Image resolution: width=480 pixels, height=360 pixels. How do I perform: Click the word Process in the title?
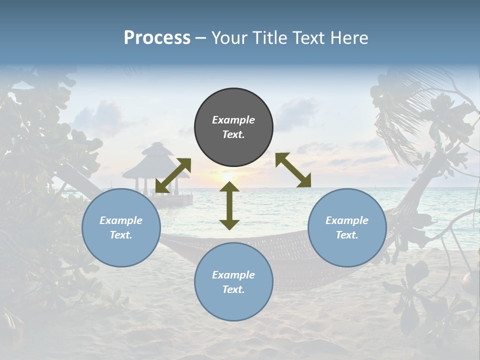tap(157, 38)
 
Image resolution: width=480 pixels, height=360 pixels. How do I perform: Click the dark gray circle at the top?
tap(233, 127)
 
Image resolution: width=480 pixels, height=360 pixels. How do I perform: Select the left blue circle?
tap(121, 227)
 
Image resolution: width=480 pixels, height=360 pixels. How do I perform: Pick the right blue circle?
tap(347, 227)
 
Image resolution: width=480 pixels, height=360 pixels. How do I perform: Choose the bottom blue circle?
tap(233, 282)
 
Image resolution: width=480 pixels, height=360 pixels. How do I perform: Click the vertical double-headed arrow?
tap(229, 205)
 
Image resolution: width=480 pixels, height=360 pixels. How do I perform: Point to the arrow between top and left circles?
tap(173, 175)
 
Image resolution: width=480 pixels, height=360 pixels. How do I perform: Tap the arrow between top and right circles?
tap(293, 170)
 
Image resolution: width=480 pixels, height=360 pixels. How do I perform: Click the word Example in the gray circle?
tap(233, 120)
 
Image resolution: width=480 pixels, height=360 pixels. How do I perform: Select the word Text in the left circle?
tap(121, 235)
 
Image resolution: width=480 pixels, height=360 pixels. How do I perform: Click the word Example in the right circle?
tap(347, 220)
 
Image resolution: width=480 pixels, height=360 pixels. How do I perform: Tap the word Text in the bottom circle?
tap(233, 289)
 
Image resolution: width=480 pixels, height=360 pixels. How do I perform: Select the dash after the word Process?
tap(200, 38)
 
